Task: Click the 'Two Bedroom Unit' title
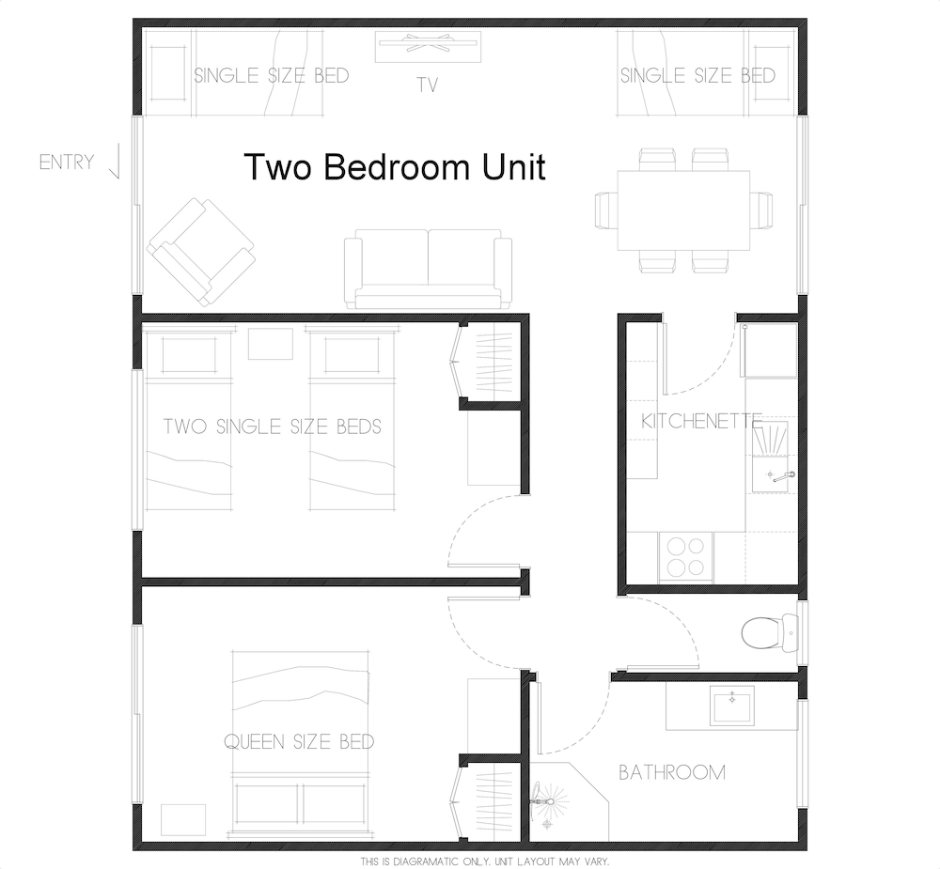[x=395, y=166]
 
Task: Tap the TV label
[x=427, y=85]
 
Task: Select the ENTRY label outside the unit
[x=67, y=162]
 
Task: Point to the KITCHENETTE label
[x=701, y=421]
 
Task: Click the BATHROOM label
[x=672, y=772]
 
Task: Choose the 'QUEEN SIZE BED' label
[x=299, y=742]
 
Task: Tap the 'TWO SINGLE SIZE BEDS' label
[x=273, y=427]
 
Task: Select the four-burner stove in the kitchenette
[x=686, y=557]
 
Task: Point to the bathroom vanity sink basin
[x=732, y=706]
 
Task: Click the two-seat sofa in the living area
[x=428, y=269]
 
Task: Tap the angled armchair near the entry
[x=201, y=252]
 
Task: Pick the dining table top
[x=683, y=210]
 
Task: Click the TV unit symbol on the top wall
[x=428, y=47]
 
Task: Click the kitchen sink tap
[x=783, y=477]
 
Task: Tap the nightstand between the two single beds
[x=271, y=344]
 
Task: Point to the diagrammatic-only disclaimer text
[x=484, y=861]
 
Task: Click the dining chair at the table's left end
[x=606, y=210]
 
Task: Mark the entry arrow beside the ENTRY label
[x=116, y=162]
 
